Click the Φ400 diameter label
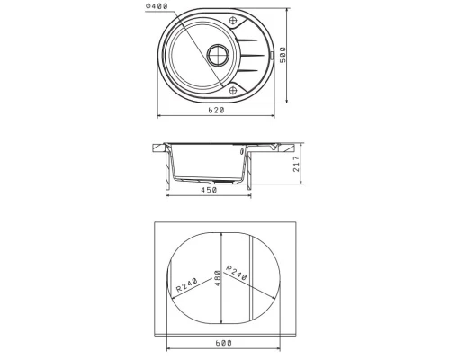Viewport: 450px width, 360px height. pos(157,6)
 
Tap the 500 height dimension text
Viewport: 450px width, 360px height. pos(283,55)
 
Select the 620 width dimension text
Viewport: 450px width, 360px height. pos(216,111)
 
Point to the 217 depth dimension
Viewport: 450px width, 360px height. pos(296,164)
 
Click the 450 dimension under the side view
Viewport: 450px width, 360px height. pos(209,190)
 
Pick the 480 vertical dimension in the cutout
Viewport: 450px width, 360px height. pos(218,278)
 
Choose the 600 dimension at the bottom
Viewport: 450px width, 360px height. pos(224,343)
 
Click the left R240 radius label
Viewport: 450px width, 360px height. pos(186,285)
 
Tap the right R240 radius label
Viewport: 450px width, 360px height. pos(236,273)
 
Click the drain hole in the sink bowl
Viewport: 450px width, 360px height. pos(218,55)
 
